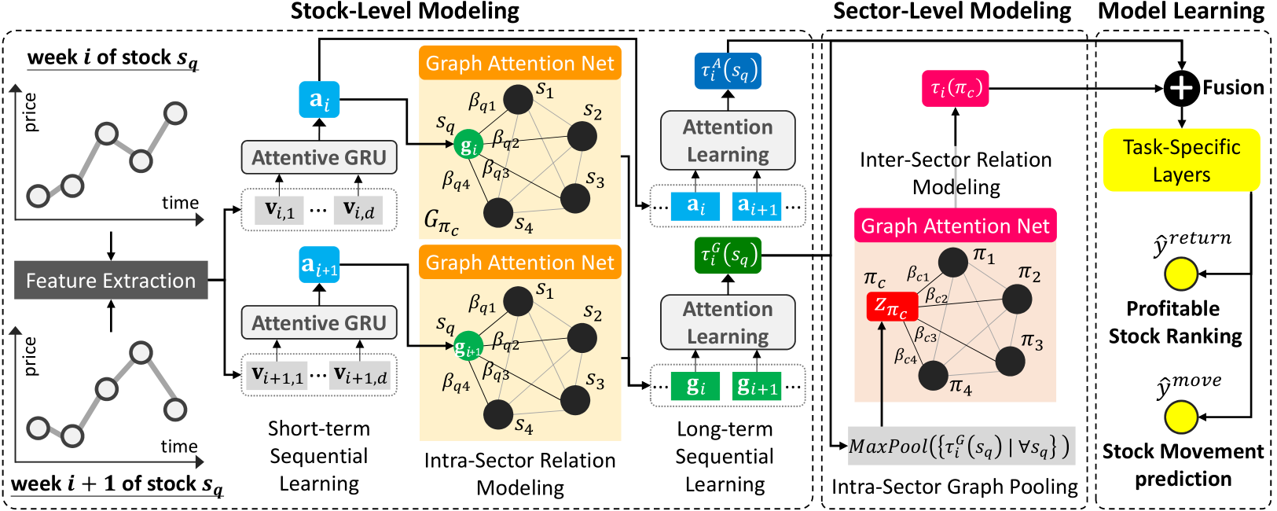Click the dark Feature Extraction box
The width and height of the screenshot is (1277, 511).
point(111,281)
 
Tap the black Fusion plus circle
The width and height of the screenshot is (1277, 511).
point(1181,88)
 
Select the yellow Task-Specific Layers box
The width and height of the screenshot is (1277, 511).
point(1181,160)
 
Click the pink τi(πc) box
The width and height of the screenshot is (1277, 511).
point(955,89)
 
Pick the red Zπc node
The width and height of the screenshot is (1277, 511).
point(891,307)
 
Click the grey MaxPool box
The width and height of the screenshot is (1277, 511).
point(960,447)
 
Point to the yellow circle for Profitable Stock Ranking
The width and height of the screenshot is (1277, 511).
point(1180,274)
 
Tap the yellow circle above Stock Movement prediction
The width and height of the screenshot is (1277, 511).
point(1180,417)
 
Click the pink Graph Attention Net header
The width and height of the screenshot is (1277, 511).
point(955,226)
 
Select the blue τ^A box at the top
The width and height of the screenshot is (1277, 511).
point(728,72)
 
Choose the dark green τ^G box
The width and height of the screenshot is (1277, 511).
point(728,256)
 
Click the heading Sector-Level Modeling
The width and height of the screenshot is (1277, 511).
point(952,11)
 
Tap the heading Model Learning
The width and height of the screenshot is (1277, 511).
point(1180,11)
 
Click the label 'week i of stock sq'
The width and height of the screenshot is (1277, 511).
point(112,58)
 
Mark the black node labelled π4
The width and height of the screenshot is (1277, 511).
point(933,376)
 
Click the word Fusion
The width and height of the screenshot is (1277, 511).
point(1233,88)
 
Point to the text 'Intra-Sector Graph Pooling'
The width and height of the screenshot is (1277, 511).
point(955,487)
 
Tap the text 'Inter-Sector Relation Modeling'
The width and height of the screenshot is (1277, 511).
point(956,173)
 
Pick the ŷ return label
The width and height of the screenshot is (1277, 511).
point(1191,243)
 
